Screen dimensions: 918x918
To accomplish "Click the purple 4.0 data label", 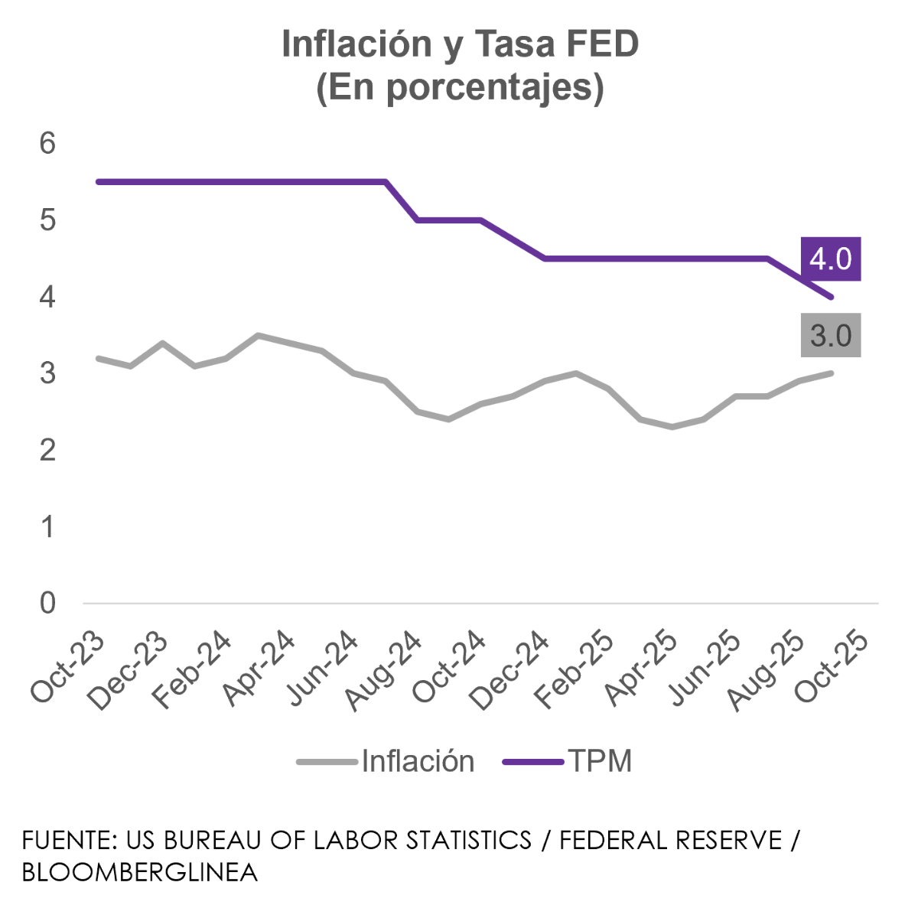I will coord(831,259).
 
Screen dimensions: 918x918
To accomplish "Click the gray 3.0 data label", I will coord(831,335).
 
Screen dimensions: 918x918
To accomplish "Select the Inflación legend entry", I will coord(418,761).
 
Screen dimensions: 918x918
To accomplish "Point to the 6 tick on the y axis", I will coord(47,144).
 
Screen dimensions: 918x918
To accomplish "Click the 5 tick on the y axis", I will coord(47,220).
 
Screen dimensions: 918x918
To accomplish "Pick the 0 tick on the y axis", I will coord(47,603).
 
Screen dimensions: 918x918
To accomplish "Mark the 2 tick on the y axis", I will coord(47,450).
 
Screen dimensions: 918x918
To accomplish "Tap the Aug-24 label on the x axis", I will coord(386,670).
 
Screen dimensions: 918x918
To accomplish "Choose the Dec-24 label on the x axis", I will coord(514,669).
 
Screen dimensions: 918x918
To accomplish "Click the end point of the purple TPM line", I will coord(832,297).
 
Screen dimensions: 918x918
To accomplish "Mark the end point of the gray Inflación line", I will coord(832,373).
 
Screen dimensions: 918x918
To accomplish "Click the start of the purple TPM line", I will coord(98,182).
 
